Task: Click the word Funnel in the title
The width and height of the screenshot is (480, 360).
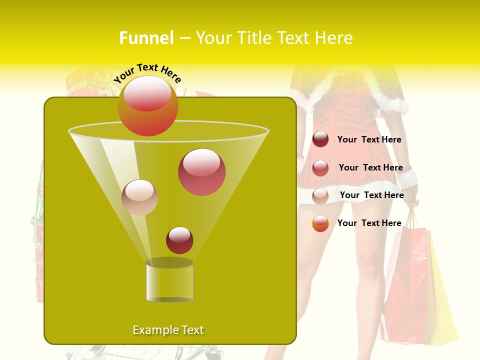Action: (x=146, y=38)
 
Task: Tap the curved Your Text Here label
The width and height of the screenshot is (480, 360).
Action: (x=147, y=72)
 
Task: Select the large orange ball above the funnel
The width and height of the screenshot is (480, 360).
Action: (x=148, y=105)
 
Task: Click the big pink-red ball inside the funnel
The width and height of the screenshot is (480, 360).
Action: (x=202, y=172)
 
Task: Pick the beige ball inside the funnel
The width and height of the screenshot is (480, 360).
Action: (x=139, y=197)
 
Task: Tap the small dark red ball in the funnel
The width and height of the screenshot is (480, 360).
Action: (x=179, y=240)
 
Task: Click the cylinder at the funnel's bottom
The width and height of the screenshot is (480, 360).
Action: (x=169, y=281)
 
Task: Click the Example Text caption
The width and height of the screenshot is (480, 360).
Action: (x=168, y=330)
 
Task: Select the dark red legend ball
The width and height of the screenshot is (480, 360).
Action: (x=320, y=139)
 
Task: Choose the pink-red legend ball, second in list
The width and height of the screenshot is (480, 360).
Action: (x=320, y=168)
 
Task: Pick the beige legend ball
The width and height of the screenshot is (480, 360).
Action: (x=320, y=196)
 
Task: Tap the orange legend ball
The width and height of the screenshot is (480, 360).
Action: (x=320, y=223)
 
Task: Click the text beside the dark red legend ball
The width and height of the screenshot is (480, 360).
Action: (x=369, y=140)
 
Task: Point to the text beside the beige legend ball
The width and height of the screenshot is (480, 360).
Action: (x=371, y=195)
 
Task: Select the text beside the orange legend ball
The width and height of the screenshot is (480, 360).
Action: (x=369, y=223)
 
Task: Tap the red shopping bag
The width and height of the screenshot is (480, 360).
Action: (x=407, y=290)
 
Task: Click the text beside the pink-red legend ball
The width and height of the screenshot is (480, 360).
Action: (x=370, y=167)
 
